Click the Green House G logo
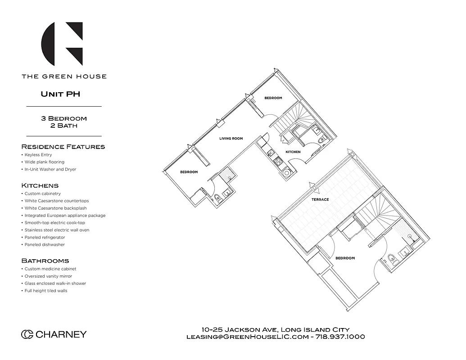coord(62,44)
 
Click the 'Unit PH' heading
coord(60,94)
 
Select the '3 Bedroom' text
coord(64,118)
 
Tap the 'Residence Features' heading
coord(63,147)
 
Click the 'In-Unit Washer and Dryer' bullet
coord(50,170)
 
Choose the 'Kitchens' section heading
coord(40,185)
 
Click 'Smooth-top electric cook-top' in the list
coord(54,223)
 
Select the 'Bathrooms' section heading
coord(45,261)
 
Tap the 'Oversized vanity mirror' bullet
coord(48,276)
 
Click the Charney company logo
coord(54,334)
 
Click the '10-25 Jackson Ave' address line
coord(276,329)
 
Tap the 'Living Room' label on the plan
coord(231,139)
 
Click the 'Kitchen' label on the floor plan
coord(293,152)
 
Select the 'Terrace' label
coord(320,199)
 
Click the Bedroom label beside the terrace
coord(345,258)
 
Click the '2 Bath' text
coord(64,126)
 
